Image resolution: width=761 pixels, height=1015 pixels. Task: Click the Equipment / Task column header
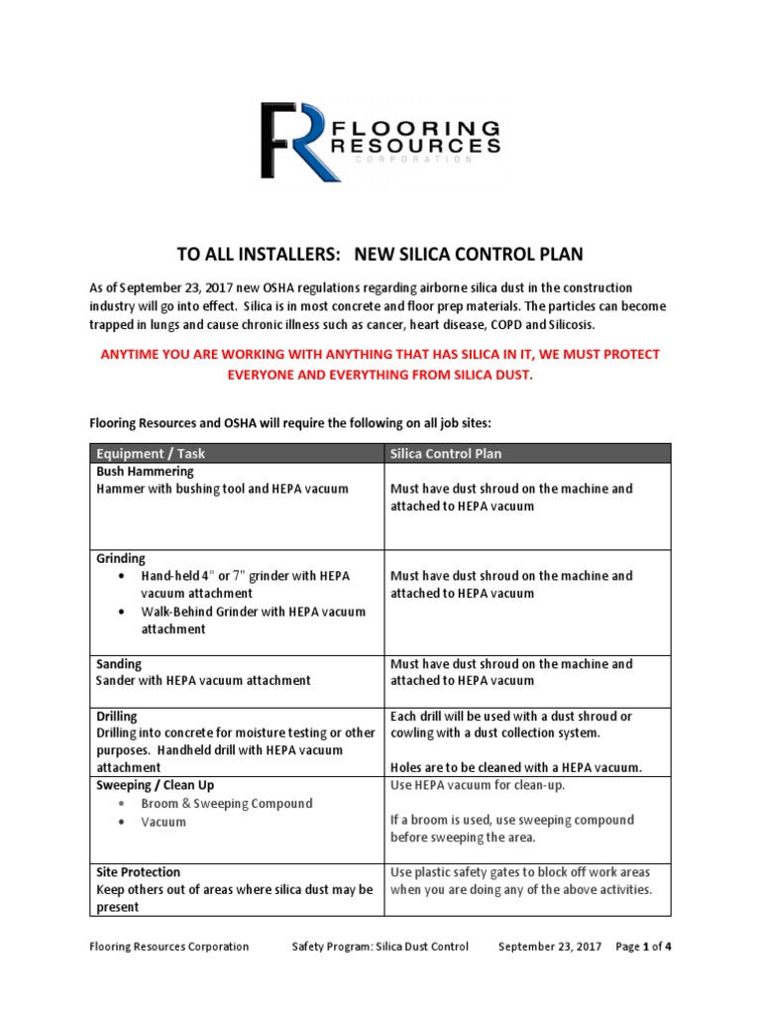[151, 453]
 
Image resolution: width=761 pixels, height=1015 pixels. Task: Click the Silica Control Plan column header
[446, 453]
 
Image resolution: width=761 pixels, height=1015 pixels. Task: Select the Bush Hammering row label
[145, 472]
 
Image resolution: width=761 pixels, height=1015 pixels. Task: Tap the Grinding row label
[120, 558]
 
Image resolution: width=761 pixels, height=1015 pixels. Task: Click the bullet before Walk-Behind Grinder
[121, 612]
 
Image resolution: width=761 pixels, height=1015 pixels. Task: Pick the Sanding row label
[119, 663]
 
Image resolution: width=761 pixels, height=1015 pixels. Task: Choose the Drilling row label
[117, 716]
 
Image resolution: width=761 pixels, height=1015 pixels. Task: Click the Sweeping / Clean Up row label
[155, 785]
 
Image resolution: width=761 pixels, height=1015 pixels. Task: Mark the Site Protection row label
[138, 872]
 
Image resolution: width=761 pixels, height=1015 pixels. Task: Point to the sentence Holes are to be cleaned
[516, 767]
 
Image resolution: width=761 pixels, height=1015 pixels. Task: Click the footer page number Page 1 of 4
[644, 947]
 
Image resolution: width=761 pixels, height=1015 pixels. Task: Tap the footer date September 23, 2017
[550, 947]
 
